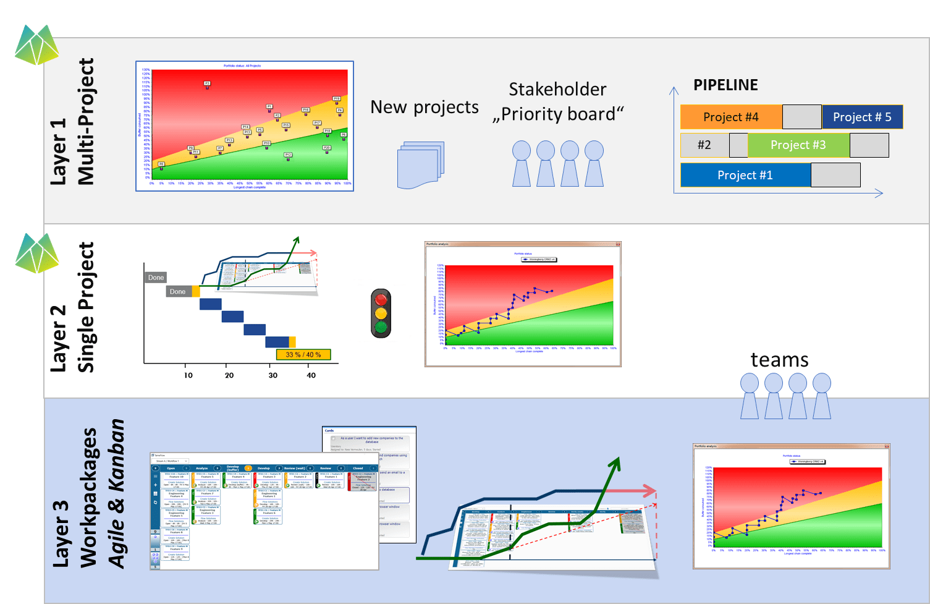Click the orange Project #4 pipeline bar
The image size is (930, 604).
[731, 117]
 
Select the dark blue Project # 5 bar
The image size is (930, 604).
[862, 117]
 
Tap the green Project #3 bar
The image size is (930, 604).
[798, 145]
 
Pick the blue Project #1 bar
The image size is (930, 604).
[745, 175]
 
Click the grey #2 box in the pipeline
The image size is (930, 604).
[704, 145]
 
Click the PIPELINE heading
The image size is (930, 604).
[725, 85]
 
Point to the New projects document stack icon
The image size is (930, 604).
[421, 165]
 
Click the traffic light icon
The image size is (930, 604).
[381, 313]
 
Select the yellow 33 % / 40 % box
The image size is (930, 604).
[303, 355]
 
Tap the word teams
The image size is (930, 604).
[779, 360]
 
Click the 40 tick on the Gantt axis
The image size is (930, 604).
[311, 375]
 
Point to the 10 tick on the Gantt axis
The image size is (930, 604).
[188, 375]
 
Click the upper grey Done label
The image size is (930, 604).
[156, 278]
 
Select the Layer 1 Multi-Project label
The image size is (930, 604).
[72, 122]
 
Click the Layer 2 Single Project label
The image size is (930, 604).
[72, 307]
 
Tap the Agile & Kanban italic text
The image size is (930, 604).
[116, 493]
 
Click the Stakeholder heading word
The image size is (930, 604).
[557, 90]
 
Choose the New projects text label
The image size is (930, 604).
[425, 108]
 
